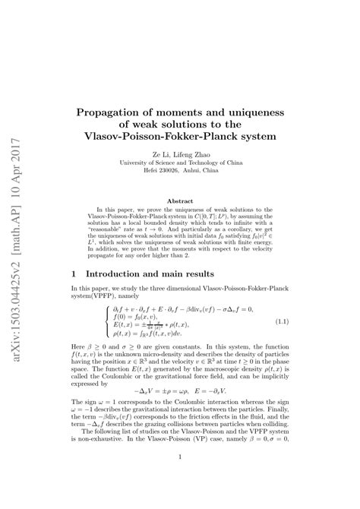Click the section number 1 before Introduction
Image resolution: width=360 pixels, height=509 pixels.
click(x=72, y=273)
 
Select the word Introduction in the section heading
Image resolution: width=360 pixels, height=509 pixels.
click(x=122, y=273)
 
